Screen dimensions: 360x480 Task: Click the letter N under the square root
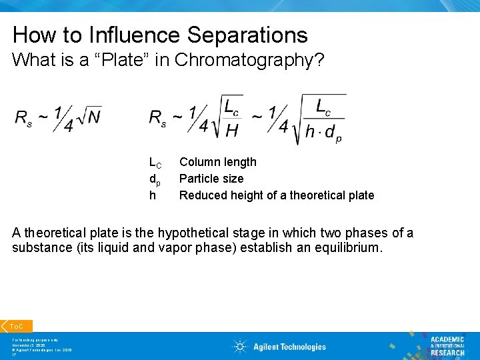point(93,117)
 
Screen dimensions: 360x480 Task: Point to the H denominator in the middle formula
point(232,130)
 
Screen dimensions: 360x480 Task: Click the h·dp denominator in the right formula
point(323,132)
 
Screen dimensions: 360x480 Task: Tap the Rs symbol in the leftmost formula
point(23,118)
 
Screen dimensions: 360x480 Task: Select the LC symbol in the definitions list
point(155,163)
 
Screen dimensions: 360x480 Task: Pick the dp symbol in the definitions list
point(154,179)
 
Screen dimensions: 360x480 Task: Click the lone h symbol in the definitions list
point(152,195)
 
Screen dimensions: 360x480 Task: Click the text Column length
point(217,162)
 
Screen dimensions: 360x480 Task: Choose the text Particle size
point(211,179)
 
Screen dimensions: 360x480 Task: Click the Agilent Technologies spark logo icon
point(239,347)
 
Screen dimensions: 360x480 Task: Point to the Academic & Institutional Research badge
point(447,345)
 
